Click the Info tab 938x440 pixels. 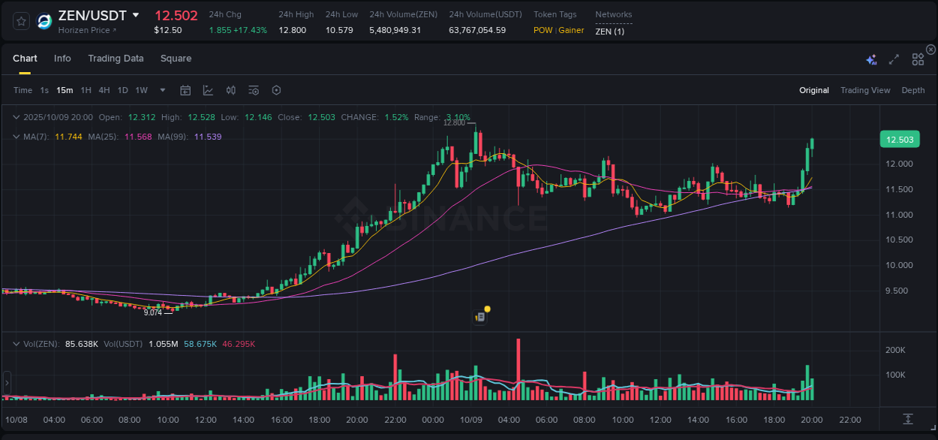click(x=62, y=59)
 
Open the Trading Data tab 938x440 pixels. click(x=116, y=59)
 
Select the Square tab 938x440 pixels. click(x=176, y=59)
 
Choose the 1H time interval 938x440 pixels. click(x=86, y=90)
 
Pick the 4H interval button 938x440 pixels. click(x=104, y=90)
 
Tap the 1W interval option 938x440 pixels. click(x=141, y=90)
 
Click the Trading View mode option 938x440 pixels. click(x=864, y=90)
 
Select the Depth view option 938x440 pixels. click(x=912, y=90)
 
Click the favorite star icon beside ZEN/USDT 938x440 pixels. click(x=21, y=21)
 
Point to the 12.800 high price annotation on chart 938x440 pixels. click(x=454, y=122)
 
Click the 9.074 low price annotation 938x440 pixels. click(x=153, y=312)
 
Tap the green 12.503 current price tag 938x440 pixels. click(x=899, y=140)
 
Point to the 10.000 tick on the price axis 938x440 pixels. click(x=899, y=265)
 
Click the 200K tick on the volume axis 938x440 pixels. click(x=894, y=350)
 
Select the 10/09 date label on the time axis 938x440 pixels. click(x=471, y=420)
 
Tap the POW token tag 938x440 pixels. click(x=543, y=30)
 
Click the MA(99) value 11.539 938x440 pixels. click(x=208, y=137)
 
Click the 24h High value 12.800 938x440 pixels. click(x=292, y=30)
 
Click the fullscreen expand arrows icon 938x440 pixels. click(x=894, y=59)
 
